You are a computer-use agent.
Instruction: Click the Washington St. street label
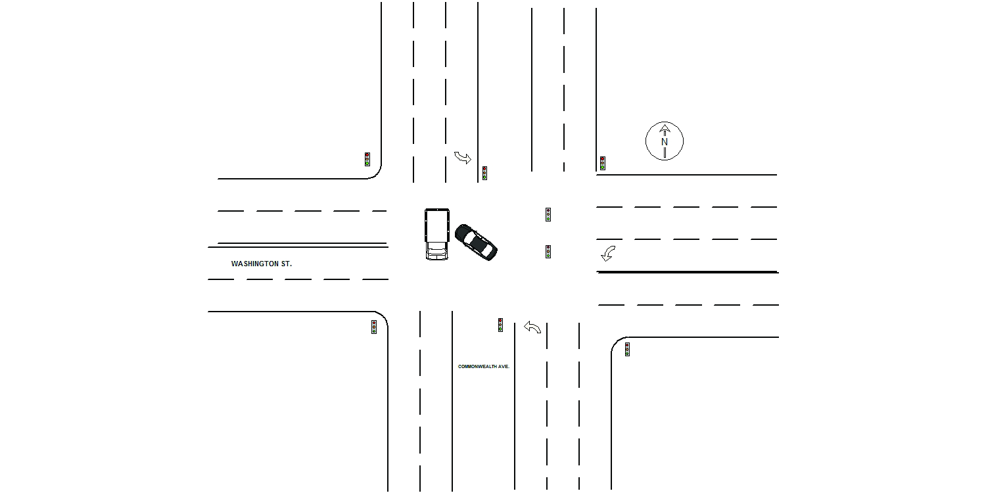point(262,264)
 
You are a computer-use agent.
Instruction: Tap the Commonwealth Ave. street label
point(484,366)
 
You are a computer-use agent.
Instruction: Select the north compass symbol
point(664,141)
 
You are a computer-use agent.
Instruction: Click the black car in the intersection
point(476,242)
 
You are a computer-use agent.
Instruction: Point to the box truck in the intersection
point(436,234)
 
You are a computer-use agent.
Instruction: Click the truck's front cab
point(436,251)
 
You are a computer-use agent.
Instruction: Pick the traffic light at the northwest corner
point(367,159)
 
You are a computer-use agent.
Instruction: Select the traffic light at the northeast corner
point(603,163)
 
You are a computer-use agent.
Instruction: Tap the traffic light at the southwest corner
point(374,327)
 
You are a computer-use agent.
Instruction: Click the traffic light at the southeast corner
point(627,350)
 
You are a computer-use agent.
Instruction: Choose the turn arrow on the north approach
point(463,158)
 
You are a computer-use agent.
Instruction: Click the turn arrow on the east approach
point(608,254)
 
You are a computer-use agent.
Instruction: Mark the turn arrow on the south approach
point(532,327)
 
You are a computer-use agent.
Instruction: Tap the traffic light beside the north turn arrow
point(484,173)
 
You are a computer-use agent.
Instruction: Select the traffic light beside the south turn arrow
point(500,325)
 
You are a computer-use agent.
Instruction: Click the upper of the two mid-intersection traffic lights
point(548,214)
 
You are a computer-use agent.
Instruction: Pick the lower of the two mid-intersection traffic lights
point(548,252)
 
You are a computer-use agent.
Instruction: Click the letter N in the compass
point(664,142)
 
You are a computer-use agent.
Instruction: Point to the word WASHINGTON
point(254,264)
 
